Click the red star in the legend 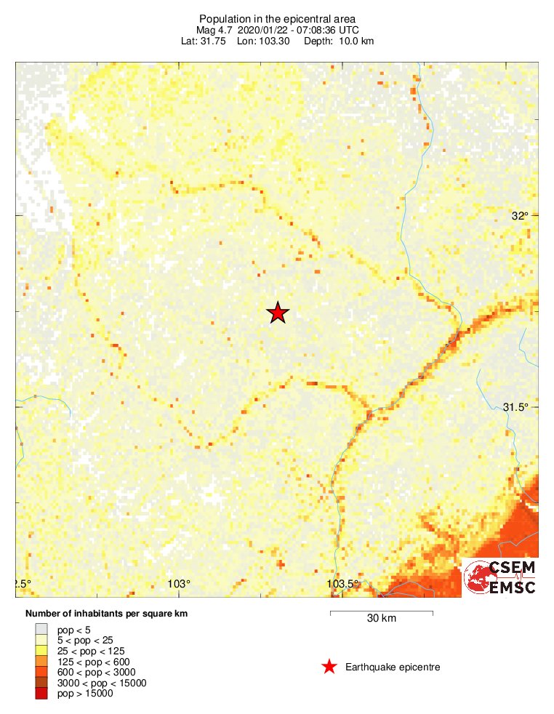tap(329, 667)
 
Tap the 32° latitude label tap(520, 215)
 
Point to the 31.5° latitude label tap(515, 407)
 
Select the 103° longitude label tap(179, 584)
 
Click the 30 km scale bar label tap(382, 619)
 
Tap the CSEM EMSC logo tap(500, 577)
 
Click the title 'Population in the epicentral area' tap(277, 18)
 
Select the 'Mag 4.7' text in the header tap(214, 30)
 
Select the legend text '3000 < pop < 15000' tap(102, 683)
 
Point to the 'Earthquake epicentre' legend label tap(393, 667)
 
